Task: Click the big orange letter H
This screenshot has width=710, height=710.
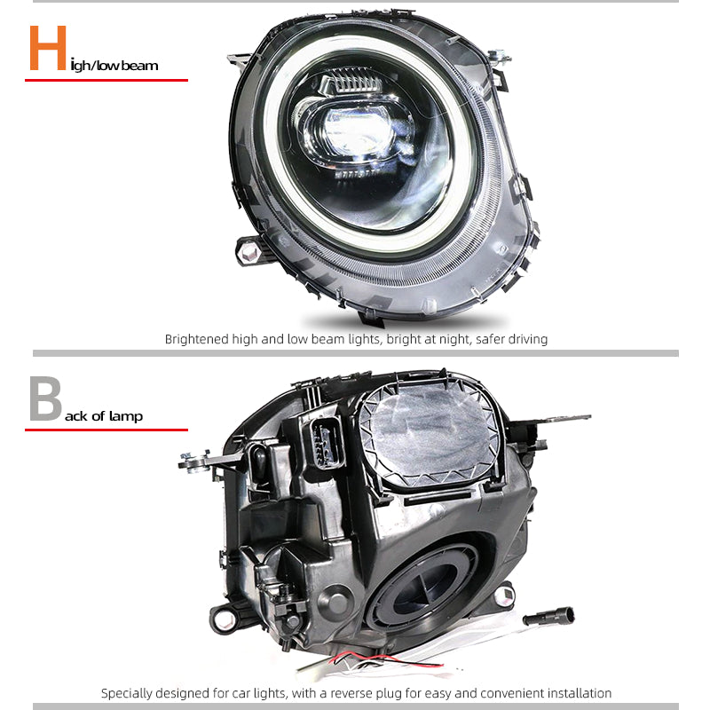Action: coord(48,48)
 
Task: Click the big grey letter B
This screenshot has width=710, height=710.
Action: coord(45,398)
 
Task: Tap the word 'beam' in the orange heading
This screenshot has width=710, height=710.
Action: coord(139,66)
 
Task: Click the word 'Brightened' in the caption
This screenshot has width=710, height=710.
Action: coord(196,339)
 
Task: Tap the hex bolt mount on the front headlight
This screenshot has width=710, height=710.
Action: coord(249,252)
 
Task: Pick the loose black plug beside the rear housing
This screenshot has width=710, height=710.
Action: coord(548,616)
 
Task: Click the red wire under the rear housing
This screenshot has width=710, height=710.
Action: coord(385,659)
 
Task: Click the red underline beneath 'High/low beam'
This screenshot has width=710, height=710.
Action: coord(106,80)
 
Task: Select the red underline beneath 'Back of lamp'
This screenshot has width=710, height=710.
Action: coord(106,430)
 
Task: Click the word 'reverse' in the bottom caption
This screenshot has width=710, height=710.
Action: coord(351,694)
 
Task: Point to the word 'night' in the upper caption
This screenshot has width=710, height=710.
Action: coord(455,339)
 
